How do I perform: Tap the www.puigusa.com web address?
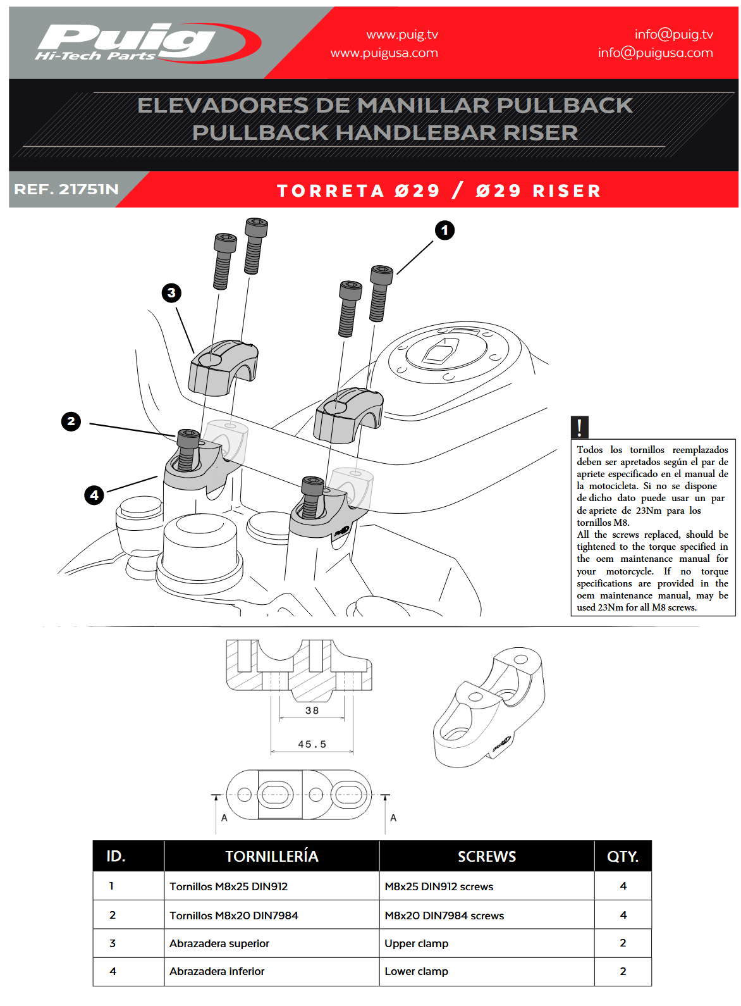(384, 53)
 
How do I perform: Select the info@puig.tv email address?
(673, 35)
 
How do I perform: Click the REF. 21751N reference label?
(66, 189)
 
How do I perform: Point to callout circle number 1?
(444, 230)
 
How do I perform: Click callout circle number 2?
(71, 421)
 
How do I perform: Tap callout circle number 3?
(171, 293)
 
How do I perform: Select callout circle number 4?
(94, 495)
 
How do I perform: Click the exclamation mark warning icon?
(579, 427)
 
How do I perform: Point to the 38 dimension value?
(312, 711)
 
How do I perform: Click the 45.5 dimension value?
(312, 744)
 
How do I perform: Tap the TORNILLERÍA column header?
(271, 856)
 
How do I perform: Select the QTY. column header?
(622, 856)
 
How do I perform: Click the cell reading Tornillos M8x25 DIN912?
(228, 886)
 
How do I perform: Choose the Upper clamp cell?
(416, 943)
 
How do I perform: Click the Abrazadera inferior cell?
(217, 971)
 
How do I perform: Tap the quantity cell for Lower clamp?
(623, 971)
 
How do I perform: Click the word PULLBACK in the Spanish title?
(564, 105)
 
